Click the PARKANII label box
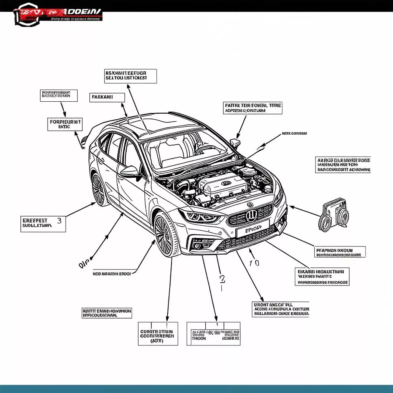pos(107,97)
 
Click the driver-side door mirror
pos(130,171)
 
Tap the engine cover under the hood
pos(225,184)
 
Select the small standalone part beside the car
pos(334,217)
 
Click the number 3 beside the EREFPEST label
pos(59,221)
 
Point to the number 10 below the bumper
pos(254,263)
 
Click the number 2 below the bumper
pos(221,279)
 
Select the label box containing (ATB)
pos(158,333)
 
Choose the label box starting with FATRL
pos(253,108)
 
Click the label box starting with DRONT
pos(281,309)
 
